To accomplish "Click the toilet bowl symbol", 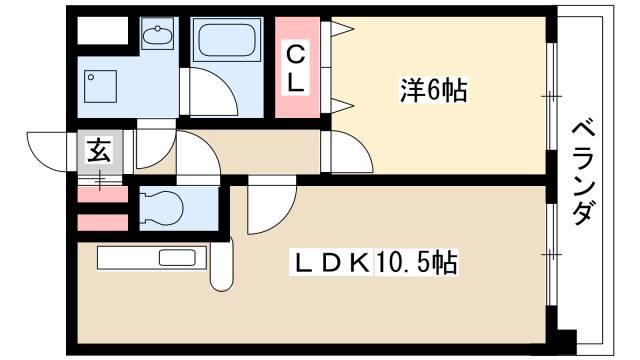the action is click(x=163, y=208).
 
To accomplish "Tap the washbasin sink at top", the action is click(x=156, y=37).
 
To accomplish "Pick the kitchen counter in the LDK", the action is click(x=151, y=259).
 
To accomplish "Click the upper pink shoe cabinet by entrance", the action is click(x=103, y=196).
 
